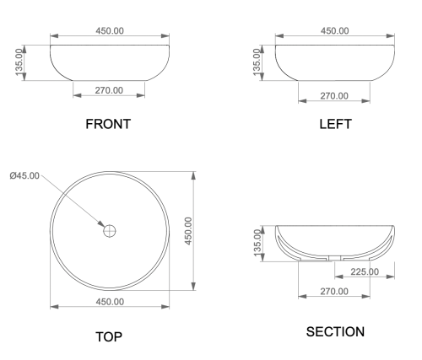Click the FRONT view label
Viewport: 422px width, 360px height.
click(108, 124)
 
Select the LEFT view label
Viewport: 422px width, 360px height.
click(335, 124)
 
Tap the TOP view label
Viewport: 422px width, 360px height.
click(109, 337)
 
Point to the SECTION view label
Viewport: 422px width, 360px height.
click(335, 332)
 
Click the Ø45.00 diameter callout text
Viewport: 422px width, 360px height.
click(24, 176)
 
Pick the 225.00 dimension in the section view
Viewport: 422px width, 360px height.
click(365, 271)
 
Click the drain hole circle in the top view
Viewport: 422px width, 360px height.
click(110, 231)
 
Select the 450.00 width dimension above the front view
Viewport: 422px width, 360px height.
click(110, 30)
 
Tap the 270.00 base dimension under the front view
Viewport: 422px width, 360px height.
click(109, 90)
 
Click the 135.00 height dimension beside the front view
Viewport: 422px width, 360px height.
click(19, 62)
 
